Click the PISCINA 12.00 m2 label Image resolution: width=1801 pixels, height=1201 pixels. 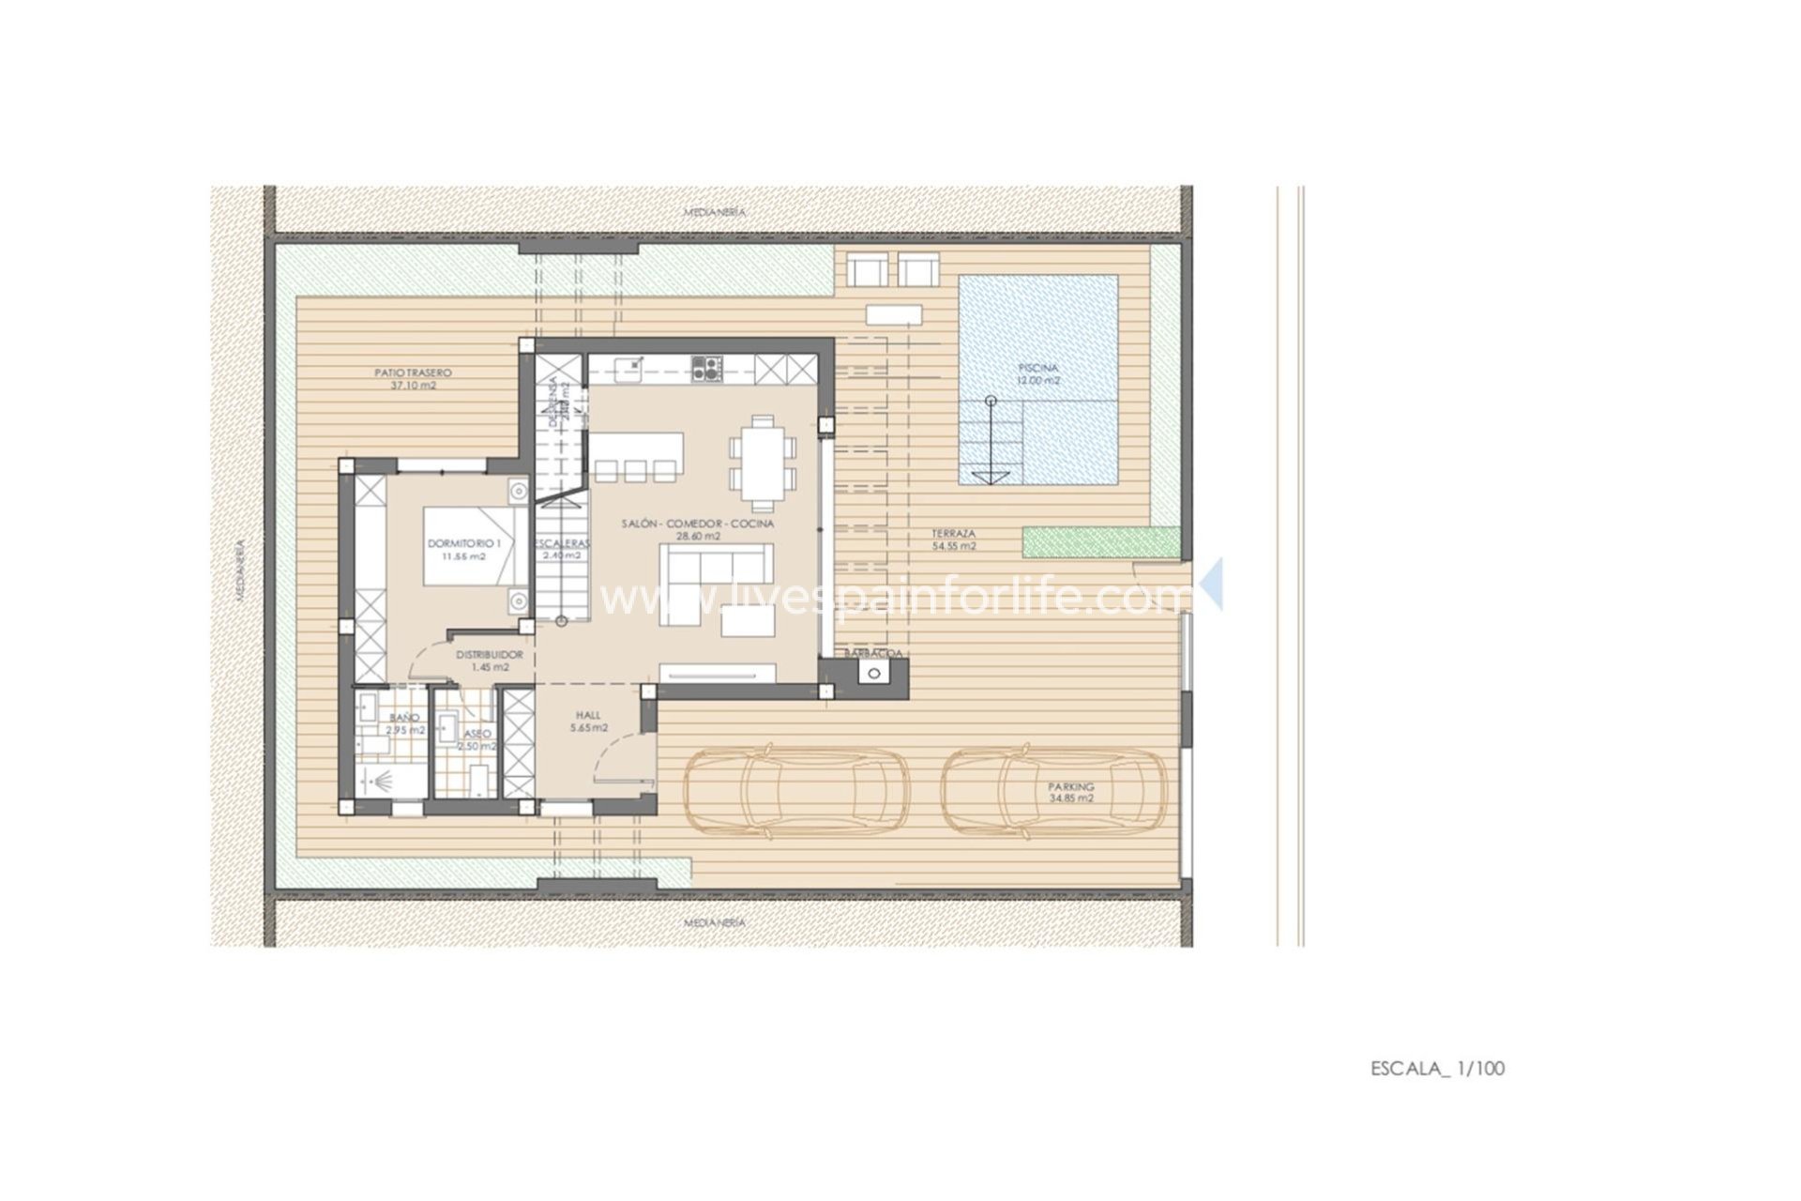[1037, 374]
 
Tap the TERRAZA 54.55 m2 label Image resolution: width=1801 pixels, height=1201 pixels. [953, 539]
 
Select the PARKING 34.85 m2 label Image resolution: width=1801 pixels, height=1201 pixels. [1071, 793]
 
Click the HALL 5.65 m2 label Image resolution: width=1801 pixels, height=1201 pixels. [588, 721]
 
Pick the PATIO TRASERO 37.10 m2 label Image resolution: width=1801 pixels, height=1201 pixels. [413, 378]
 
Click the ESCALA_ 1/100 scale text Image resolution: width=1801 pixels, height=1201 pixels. [1437, 1068]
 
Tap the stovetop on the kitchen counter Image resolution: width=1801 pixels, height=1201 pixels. [707, 368]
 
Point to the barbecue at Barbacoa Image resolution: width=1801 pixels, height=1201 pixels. [875, 673]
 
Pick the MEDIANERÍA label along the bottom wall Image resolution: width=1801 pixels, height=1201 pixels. [715, 922]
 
